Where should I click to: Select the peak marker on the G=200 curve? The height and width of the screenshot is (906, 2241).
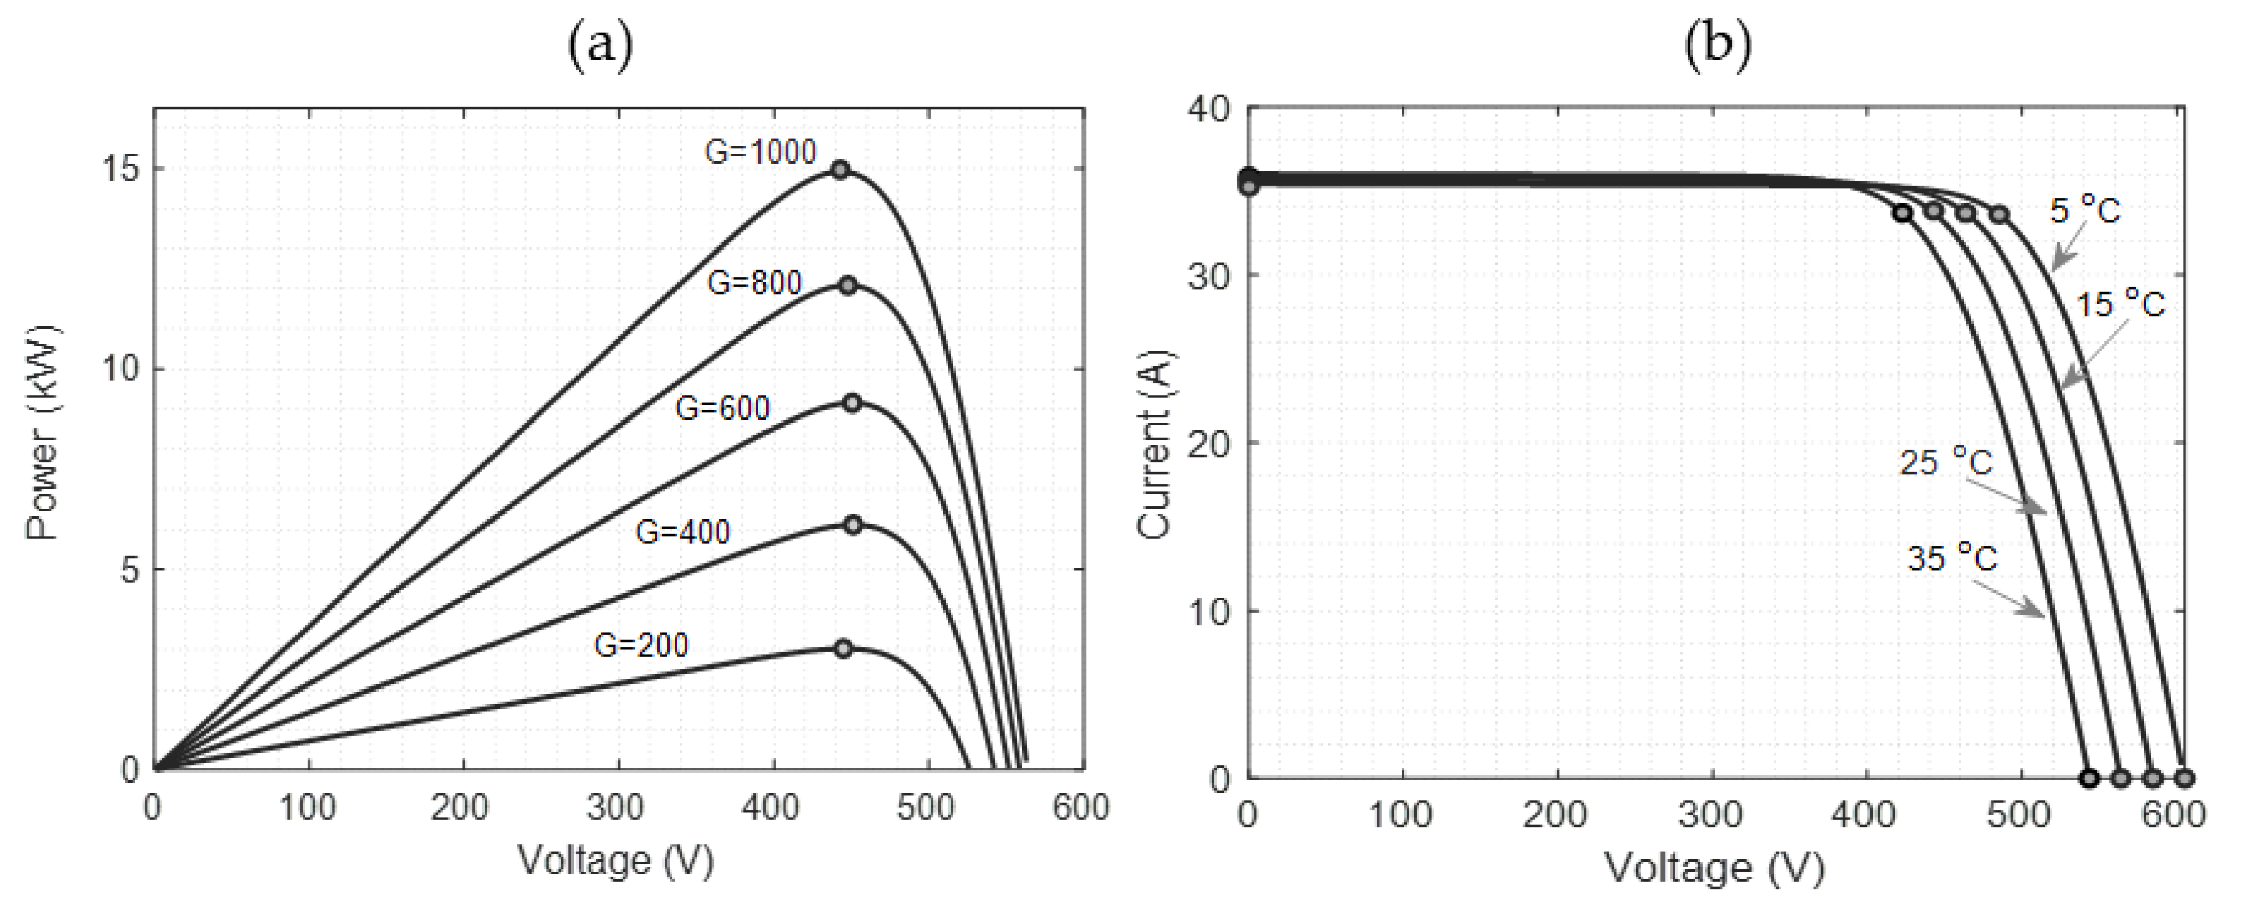pyautogui.click(x=843, y=648)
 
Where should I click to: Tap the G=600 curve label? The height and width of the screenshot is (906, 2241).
pyautogui.click(x=722, y=408)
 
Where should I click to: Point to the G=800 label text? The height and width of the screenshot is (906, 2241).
pyautogui.click(x=753, y=283)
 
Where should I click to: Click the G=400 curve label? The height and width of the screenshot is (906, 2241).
pyautogui.click(x=683, y=531)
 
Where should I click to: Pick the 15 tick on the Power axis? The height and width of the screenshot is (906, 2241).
pyautogui.click(x=120, y=169)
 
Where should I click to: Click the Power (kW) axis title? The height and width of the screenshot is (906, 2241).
pyautogui.click(x=42, y=433)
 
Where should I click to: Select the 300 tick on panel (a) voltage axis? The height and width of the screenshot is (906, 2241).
pyautogui.click(x=614, y=808)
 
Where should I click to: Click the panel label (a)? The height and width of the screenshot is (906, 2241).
pyautogui.click(x=600, y=44)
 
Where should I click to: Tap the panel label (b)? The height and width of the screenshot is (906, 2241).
pyautogui.click(x=1717, y=44)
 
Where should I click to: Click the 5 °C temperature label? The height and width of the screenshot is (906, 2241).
pyautogui.click(x=2085, y=209)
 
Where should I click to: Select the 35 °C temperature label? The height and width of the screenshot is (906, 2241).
pyautogui.click(x=1952, y=557)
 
